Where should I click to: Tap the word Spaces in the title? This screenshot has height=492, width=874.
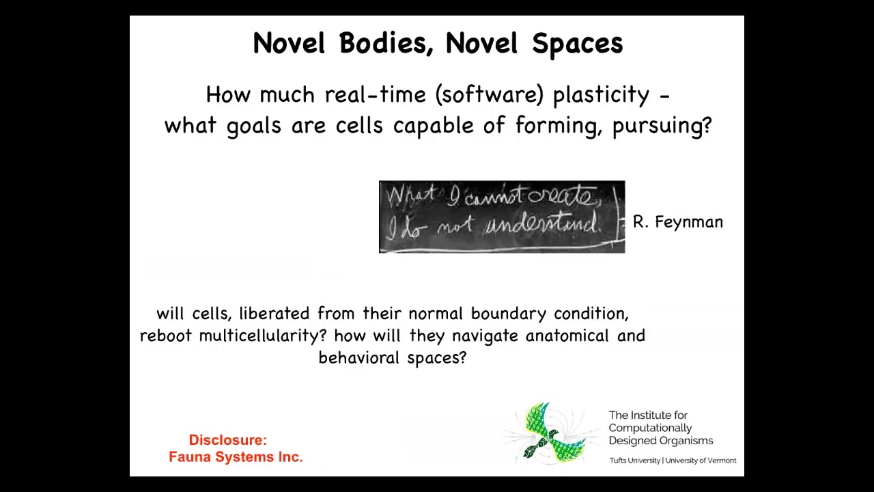(578, 44)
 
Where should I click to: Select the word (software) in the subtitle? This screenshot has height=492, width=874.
(490, 95)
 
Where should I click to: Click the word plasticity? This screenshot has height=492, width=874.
(602, 95)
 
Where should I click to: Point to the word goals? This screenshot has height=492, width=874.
(254, 126)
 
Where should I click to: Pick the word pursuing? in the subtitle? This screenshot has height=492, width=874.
(662, 126)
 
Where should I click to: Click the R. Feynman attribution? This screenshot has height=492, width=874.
(678, 222)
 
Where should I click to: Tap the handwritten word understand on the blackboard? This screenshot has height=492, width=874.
(542, 225)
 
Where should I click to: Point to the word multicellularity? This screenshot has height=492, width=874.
(263, 336)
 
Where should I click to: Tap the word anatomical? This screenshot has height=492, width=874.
(567, 336)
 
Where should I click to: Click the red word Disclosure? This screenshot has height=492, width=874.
(228, 440)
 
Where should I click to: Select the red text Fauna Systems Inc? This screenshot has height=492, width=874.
(236, 457)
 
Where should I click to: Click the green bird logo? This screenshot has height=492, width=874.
(552, 433)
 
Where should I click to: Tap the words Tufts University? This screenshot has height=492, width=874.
(635, 461)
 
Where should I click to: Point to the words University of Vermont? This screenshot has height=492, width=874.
(701, 461)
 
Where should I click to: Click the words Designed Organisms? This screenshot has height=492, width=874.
(661, 441)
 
